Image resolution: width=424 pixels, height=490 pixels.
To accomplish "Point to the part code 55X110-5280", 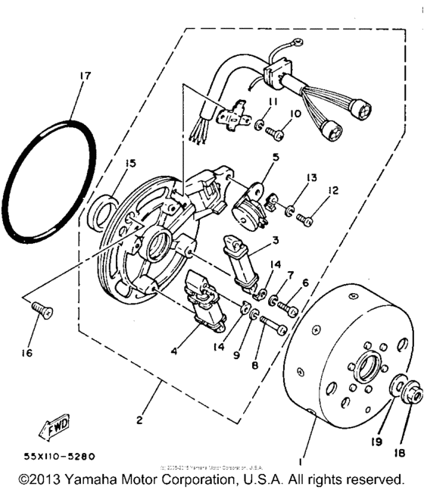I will click(48, 457).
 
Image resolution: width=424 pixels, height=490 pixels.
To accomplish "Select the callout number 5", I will click(255, 158).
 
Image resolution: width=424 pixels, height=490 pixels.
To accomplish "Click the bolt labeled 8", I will click(271, 328).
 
